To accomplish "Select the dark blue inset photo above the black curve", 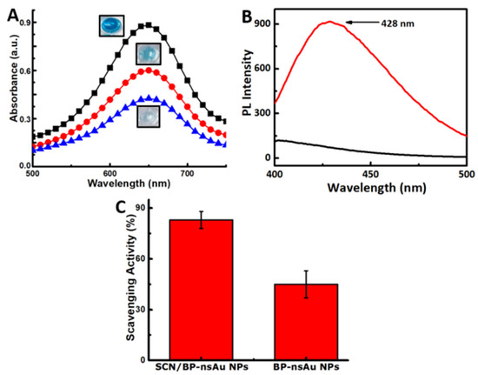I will [x=111, y=26].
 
